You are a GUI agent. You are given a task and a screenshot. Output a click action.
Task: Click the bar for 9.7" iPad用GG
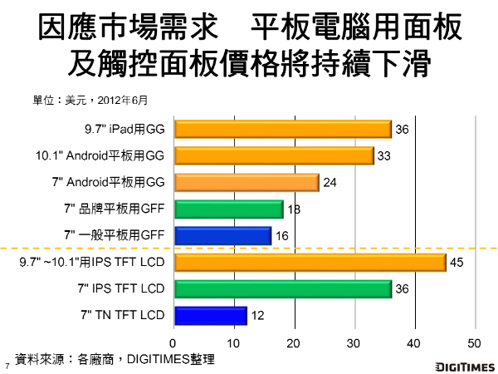(282, 129)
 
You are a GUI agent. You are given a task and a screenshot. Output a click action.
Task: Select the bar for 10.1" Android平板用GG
(273, 155)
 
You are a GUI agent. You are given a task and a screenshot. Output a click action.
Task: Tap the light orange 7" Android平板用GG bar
(246, 182)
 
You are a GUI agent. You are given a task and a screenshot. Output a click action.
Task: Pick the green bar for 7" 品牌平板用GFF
(227, 209)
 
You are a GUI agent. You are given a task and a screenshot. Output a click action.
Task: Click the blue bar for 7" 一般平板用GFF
(222, 236)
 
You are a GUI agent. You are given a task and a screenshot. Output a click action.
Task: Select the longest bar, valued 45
(309, 264)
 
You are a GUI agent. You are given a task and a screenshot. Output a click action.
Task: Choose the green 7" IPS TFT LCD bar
(282, 289)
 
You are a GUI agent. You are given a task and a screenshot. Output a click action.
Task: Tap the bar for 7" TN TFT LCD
(210, 316)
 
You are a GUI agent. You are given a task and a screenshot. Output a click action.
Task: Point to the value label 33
(383, 155)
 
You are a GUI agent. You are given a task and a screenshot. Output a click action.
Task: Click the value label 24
(329, 183)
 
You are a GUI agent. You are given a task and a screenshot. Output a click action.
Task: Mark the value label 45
(456, 264)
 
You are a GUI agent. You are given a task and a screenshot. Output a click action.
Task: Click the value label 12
(257, 317)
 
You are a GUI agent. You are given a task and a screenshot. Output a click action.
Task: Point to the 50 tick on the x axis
(475, 342)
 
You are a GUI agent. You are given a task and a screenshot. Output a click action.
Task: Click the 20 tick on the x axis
(294, 342)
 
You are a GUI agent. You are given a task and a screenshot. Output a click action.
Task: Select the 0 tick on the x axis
(173, 342)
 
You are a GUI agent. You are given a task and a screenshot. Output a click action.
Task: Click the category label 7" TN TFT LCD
(122, 316)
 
